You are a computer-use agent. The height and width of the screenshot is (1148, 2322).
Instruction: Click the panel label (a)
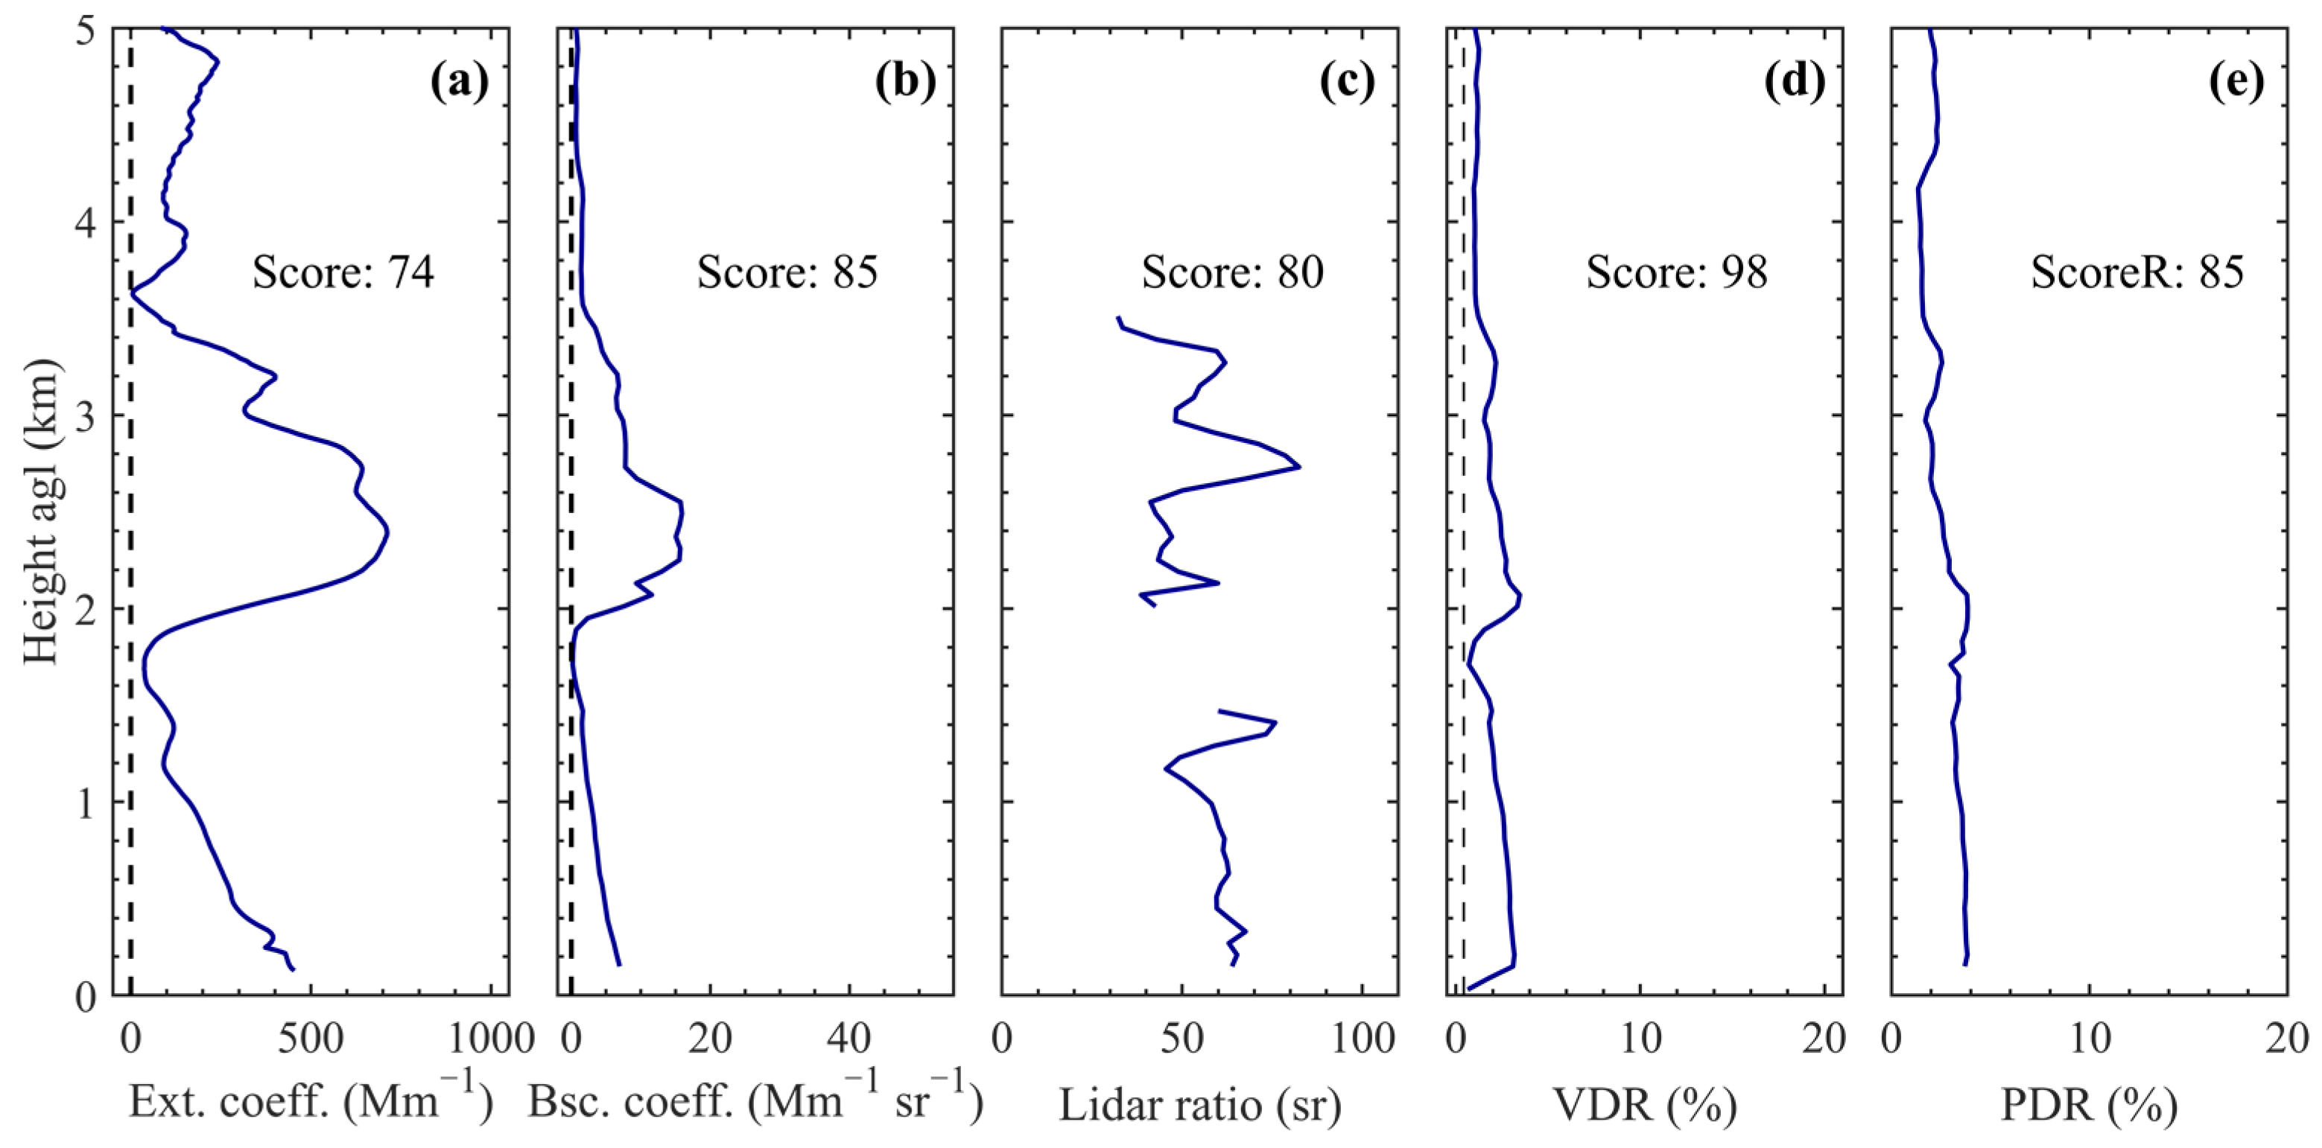click(x=460, y=82)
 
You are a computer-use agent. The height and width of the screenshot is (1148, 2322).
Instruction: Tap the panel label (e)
click(x=2236, y=82)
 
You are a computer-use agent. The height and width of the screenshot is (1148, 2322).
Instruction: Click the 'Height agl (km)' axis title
click(x=40, y=511)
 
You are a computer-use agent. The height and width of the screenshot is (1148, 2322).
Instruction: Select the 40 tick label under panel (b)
click(x=849, y=1040)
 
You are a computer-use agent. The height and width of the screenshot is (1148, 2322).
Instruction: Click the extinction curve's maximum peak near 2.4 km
click(x=387, y=532)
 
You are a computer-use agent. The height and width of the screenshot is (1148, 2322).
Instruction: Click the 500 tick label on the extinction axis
click(x=311, y=1040)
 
